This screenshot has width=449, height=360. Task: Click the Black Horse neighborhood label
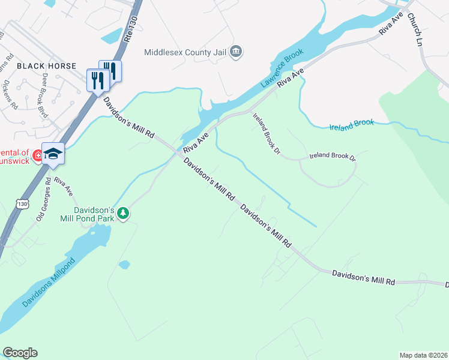click(x=46, y=66)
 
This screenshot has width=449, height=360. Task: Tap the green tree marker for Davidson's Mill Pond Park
click(x=123, y=213)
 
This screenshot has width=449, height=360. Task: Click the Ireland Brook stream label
click(x=352, y=125)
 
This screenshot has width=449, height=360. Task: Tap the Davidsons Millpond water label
click(x=49, y=283)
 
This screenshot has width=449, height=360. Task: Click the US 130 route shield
click(x=22, y=204)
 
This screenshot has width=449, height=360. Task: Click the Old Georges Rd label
click(x=43, y=199)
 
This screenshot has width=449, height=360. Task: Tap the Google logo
click(x=20, y=353)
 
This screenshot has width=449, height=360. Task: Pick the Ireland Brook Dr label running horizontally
click(x=333, y=156)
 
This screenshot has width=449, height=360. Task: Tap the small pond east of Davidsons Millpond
click(x=124, y=264)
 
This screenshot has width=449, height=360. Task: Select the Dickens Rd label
click(x=10, y=94)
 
